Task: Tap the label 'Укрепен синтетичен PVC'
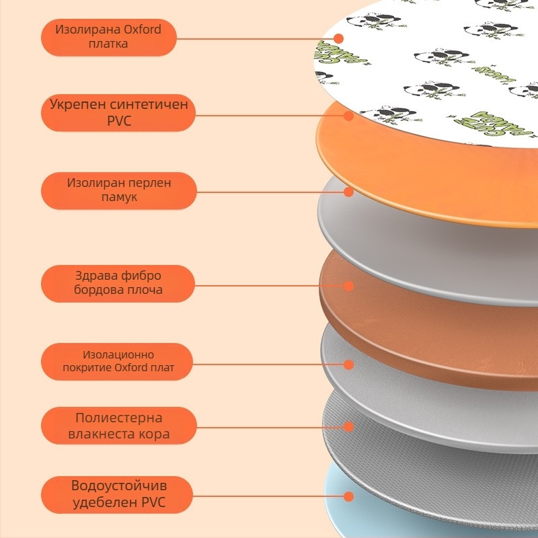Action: (118, 113)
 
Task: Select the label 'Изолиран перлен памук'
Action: (118, 190)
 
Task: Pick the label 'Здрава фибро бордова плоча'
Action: (118, 283)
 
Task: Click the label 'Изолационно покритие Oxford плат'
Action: (118, 362)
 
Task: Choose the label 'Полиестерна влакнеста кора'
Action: (118, 426)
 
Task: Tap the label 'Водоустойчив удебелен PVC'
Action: (118, 494)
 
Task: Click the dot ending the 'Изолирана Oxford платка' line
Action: (339, 38)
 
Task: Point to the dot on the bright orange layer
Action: (348, 115)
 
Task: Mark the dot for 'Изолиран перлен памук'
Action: (348, 192)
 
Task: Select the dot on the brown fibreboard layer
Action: (348, 285)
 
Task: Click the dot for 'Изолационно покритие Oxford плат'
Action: (348, 364)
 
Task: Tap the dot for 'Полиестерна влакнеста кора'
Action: (348, 426)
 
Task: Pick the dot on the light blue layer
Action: (348, 497)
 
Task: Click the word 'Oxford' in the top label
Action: (142, 30)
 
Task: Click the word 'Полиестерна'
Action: (118, 418)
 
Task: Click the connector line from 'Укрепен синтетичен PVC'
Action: (269, 115)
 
